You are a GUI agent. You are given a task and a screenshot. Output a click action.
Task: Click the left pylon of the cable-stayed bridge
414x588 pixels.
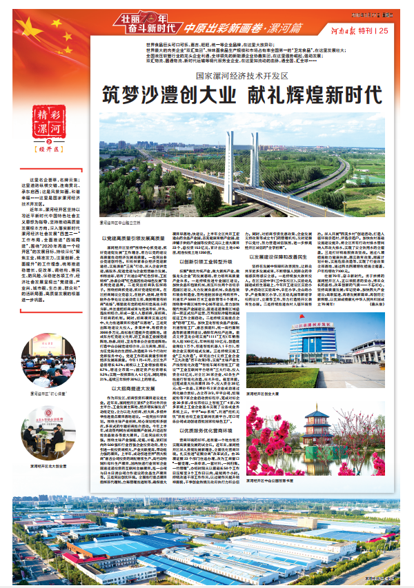[228, 165]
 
